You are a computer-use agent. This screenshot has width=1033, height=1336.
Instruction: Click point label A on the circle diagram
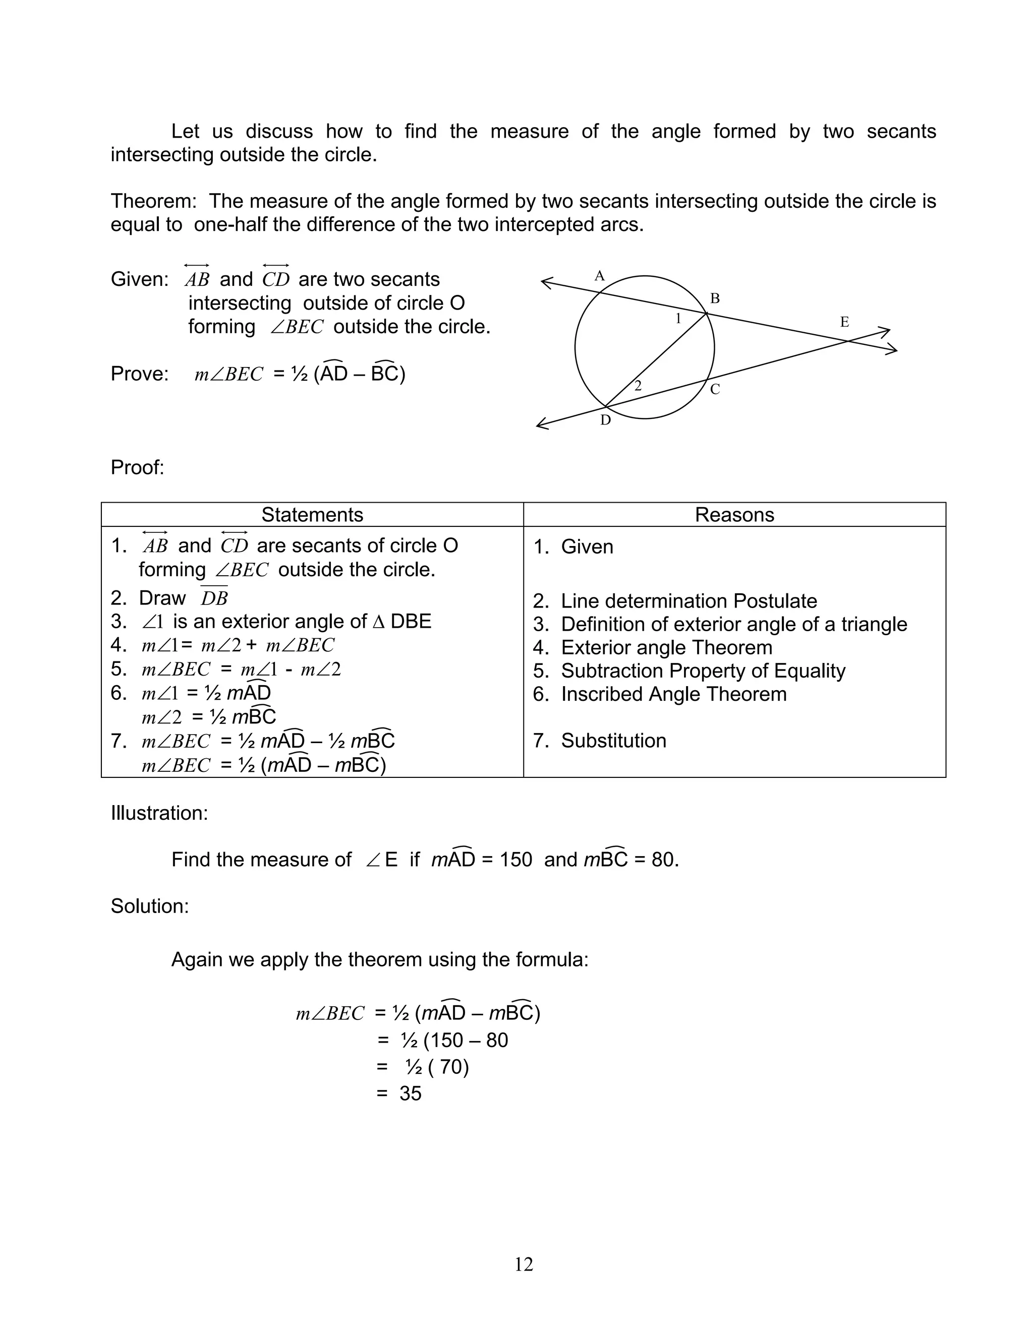point(599,276)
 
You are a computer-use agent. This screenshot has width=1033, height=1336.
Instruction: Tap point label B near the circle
point(714,298)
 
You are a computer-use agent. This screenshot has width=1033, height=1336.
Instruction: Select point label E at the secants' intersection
point(844,322)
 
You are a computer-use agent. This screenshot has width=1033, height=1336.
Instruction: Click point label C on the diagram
point(714,389)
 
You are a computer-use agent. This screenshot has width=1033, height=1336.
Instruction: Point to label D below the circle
point(605,420)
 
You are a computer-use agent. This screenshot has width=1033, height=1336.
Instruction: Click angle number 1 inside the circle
point(677,318)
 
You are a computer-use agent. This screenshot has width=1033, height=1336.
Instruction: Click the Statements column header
point(312,514)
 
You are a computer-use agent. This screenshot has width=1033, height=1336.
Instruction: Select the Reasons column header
point(734,514)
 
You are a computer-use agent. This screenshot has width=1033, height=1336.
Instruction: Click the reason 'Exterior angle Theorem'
point(666,647)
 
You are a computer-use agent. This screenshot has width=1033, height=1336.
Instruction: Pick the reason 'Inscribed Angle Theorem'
point(673,694)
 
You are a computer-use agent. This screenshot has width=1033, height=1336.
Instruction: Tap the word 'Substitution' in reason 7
point(613,740)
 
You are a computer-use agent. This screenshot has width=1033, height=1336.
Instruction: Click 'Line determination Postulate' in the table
point(688,601)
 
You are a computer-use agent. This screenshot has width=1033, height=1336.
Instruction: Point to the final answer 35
point(410,1093)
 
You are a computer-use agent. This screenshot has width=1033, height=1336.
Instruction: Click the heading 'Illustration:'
point(159,813)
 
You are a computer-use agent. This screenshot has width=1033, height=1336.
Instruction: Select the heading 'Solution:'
point(149,906)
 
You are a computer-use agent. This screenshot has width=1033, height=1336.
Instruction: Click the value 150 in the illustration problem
point(515,860)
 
